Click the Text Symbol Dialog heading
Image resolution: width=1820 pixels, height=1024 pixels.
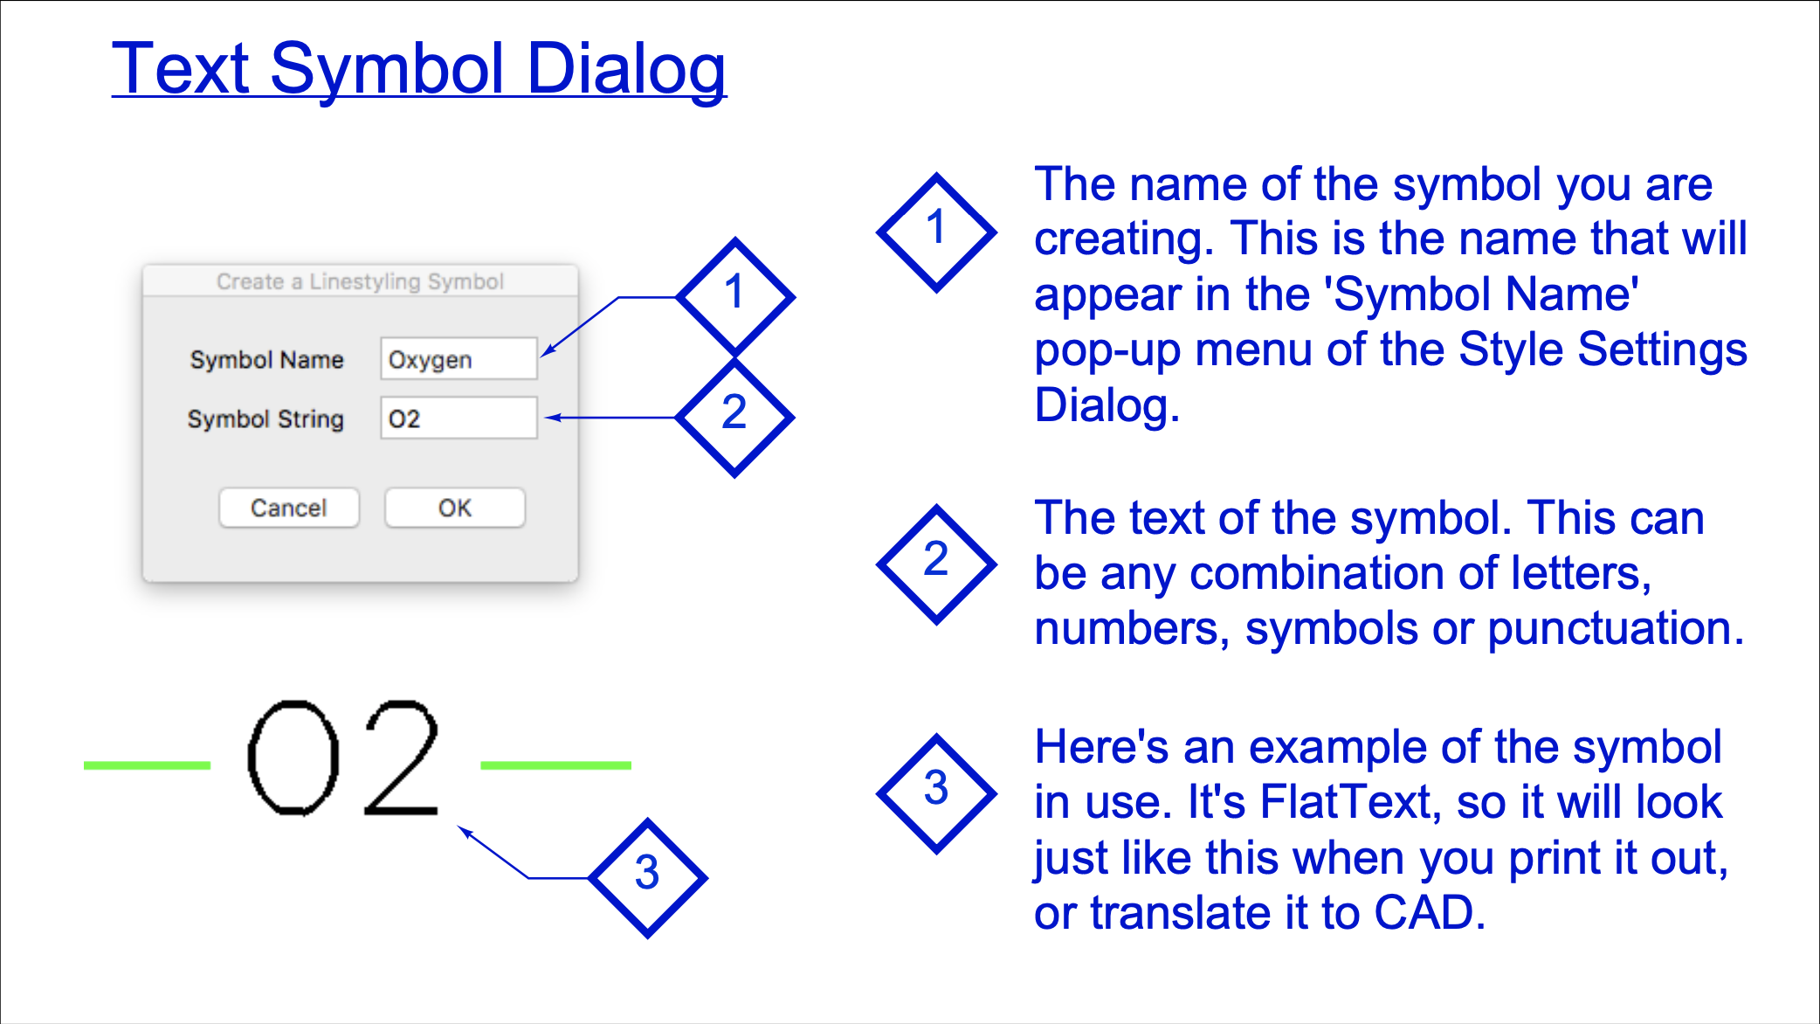click(419, 70)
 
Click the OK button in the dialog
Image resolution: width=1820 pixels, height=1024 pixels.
click(455, 508)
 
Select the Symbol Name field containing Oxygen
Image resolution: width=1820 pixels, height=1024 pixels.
click(458, 359)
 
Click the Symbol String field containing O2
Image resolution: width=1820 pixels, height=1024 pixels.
click(458, 419)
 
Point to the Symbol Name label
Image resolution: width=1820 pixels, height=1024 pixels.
click(267, 360)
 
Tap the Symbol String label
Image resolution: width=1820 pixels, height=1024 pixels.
click(265, 419)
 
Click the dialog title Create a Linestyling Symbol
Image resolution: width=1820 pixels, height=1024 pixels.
click(360, 281)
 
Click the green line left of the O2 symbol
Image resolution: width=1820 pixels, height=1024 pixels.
click(147, 765)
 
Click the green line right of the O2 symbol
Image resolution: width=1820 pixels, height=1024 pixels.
click(555, 765)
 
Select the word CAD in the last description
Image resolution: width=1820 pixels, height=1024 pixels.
click(1430, 913)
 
